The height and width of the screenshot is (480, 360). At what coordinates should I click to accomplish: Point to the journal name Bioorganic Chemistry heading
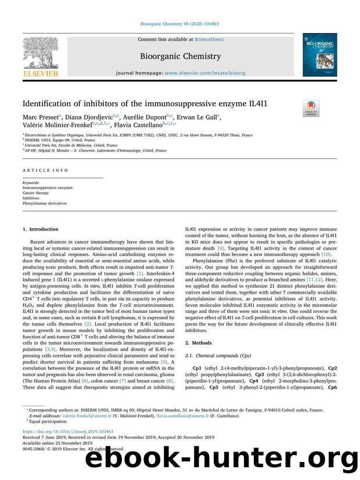(179, 56)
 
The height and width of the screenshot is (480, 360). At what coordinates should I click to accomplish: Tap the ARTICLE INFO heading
(41, 171)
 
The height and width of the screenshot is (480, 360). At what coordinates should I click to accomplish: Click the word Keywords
(31, 183)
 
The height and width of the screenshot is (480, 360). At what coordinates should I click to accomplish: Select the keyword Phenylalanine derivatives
(44, 204)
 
